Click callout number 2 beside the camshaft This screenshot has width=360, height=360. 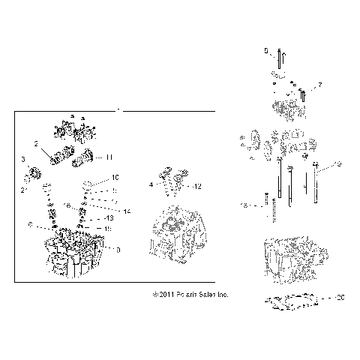pos(36,142)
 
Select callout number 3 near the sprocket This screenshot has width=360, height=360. pos(23,160)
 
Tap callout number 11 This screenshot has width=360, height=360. pos(109,157)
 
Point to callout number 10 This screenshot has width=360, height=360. pos(115,178)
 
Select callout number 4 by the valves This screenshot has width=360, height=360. pos(151,184)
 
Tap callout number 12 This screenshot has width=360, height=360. pos(197,185)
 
